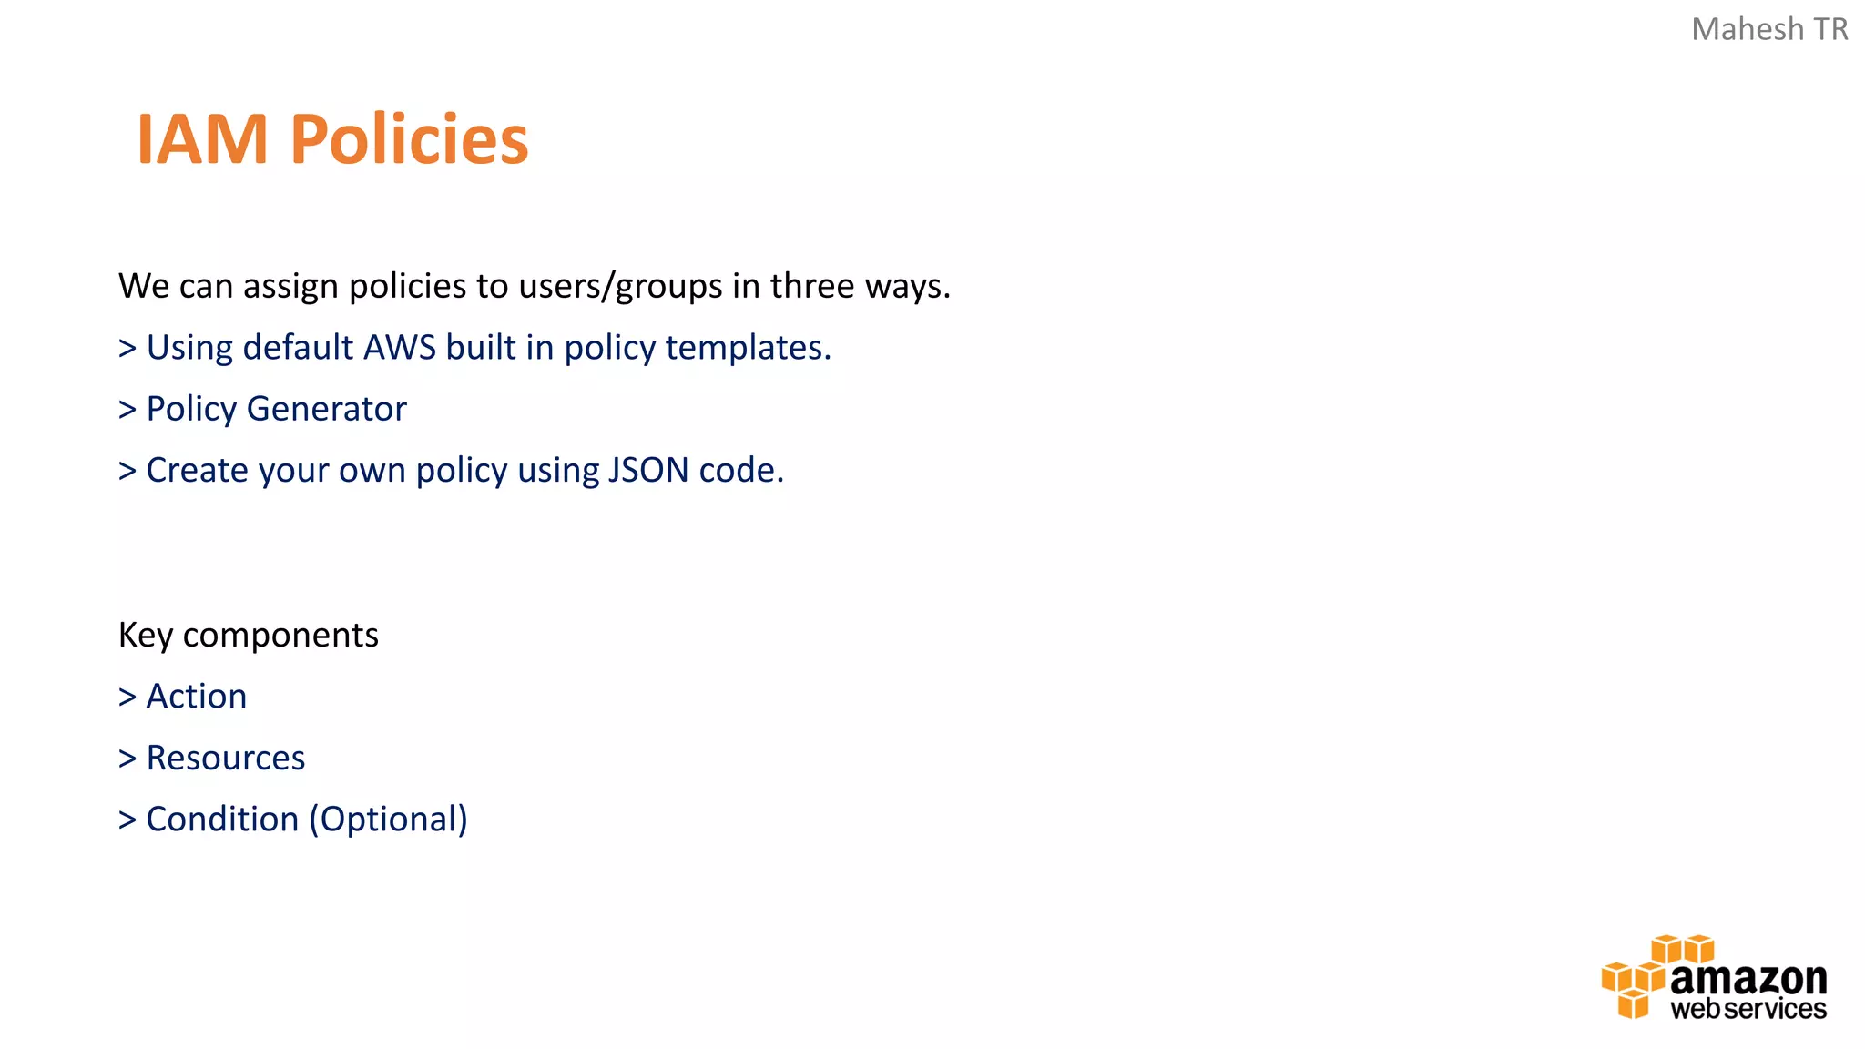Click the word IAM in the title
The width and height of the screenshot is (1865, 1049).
(201, 140)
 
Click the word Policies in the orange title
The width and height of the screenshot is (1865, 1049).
(409, 140)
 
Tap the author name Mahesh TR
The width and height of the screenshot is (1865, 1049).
(1768, 30)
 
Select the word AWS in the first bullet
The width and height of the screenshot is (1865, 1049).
(400, 348)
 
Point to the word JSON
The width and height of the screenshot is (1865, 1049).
(647, 471)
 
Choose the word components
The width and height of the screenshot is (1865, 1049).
(280, 636)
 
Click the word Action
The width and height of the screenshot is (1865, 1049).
(197, 697)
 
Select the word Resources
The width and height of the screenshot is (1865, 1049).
(226, 759)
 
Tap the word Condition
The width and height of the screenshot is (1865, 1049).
(222, 820)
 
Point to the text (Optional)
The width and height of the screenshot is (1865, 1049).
(388, 820)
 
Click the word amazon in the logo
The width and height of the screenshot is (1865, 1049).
(1748, 980)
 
